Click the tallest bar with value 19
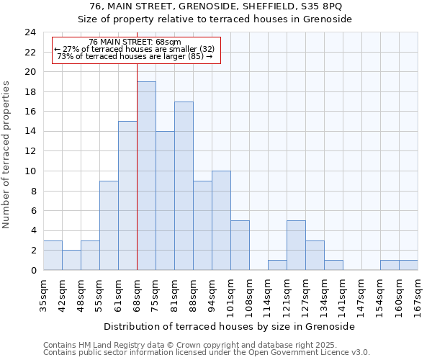tap(146, 176)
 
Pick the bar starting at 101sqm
tap(240, 245)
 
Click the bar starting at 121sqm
tap(296, 245)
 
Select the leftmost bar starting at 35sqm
tap(53, 255)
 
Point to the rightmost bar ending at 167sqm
tap(408, 265)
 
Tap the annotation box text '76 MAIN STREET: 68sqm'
tap(135, 42)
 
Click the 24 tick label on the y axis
tap(30, 32)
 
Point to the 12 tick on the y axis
tap(30, 151)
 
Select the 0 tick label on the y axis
tap(32, 270)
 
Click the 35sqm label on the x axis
tap(43, 293)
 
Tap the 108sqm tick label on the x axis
tap(249, 295)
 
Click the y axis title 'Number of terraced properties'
tap(6, 154)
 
